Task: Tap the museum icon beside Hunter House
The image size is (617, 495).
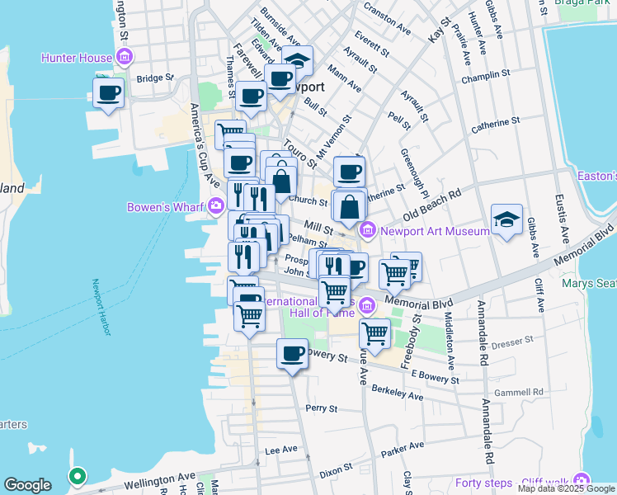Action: (125, 57)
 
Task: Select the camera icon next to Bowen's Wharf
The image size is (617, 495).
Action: (216, 205)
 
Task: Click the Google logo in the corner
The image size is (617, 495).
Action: (27, 485)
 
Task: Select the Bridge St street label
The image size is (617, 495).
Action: (154, 78)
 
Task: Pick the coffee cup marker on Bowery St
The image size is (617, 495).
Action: (292, 353)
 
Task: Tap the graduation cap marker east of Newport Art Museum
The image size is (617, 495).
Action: (506, 219)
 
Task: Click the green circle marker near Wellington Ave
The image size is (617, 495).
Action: (77, 476)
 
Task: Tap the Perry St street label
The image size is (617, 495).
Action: (322, 408)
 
